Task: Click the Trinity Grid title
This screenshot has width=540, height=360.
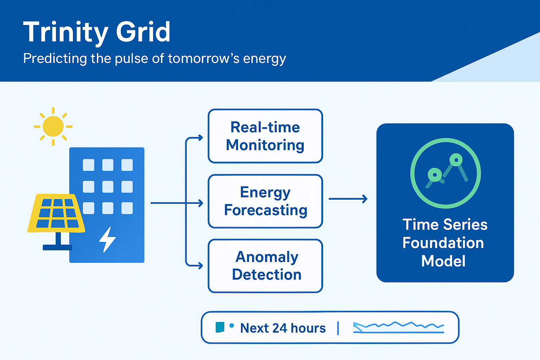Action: click(x=97, y=32)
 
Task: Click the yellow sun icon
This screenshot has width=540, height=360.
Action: click(x=53, y=126)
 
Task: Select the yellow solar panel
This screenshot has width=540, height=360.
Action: click(x=56, y=213)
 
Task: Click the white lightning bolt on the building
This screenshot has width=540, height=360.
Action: click(x=107, y=239)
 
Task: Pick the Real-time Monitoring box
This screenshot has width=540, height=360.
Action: click(x=265, y=136)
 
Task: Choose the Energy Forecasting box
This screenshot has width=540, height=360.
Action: click(x=265, y=201)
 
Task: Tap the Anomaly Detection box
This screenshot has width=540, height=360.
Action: click(x=265, y=266)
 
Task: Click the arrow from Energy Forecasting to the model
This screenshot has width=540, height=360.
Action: click(x=348, y=199)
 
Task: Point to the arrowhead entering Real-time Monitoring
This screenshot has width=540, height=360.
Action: click(x=201, y=138)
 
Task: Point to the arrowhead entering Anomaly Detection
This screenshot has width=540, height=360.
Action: click(x=201, y=266)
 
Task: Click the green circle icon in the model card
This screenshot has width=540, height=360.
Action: click(x=445, y=173)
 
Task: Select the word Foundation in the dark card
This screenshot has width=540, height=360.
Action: click(x=443, y=243)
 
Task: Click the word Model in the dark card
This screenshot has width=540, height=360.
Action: click(x=443, y=261)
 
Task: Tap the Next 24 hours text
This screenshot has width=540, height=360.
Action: click(x=283, y=328)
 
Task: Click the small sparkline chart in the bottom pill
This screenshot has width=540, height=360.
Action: click(x=398, y=328)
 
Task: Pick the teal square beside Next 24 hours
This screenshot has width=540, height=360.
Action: click(x=220, y=327)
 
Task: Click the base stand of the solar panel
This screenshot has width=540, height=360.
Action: click(x=57, y=247)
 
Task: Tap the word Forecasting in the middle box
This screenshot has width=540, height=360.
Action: click(x=266, y=210)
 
